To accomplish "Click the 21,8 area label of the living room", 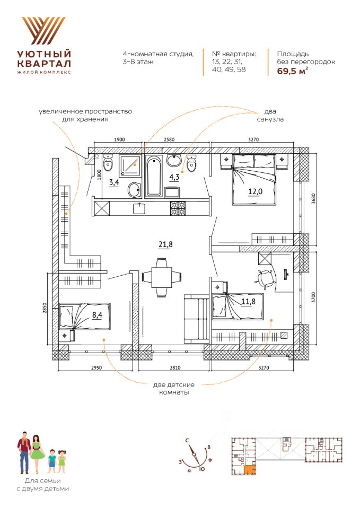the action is pyautogui.click(x=165, y=244).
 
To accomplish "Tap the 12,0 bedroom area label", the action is pyautogui.click(x=255, y=191).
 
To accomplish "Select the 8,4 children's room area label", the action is pyautogui.click(x=96, y=315).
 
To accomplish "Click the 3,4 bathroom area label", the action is pyautogui.click(x=114, y=182).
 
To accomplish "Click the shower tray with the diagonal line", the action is pyautogui.click(x=130, y=165).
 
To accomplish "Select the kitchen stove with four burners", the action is pyautogui.click(x=178, y=208).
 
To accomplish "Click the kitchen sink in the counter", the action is pyautogui.click(x=141, y=208).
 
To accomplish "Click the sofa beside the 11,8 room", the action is pyautogui.click(x=196, y=319).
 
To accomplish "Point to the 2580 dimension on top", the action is pyautogui.click(x=169, y=139).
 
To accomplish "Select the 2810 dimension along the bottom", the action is pyautogui.click(x=174, y=368).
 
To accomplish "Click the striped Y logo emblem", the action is pyautogui.click(x=44, y=31).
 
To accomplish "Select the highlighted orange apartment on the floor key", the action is pyautogui.click(x=249, y=470).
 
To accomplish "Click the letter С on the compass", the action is pyautogui.click(x=187, y=441).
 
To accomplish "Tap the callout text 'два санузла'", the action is pyautogui.click(x=270, y=115).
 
